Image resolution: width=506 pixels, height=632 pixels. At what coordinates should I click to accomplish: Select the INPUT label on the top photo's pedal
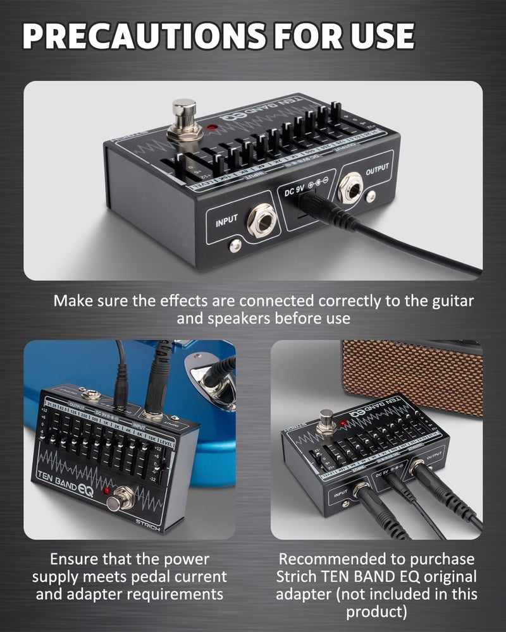click(226, 222)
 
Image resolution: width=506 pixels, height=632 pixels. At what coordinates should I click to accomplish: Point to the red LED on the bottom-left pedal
click(107, 490)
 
